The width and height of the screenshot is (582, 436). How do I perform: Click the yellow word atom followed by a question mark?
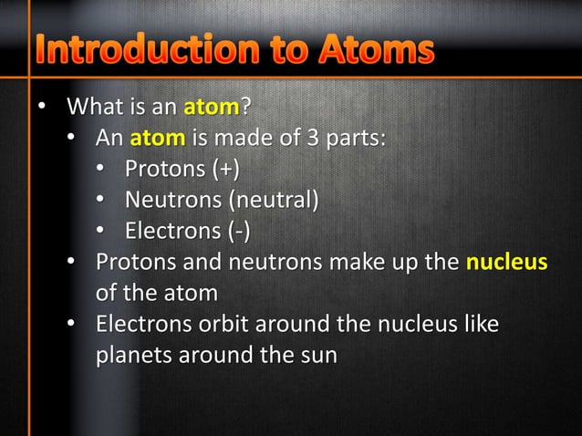(x=211, y=110)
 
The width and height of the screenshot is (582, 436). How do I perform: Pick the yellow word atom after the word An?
(x=157, y=140)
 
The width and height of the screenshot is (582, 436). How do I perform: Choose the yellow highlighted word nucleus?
(x=507, y=263)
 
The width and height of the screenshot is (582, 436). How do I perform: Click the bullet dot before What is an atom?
(x=39, y=111)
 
